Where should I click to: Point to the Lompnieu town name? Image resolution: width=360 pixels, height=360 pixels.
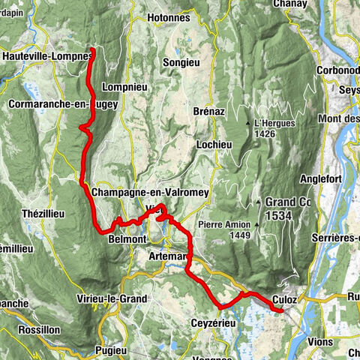[x=126, y=86]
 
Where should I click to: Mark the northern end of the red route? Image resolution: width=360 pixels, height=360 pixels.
[x=92, y=50]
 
